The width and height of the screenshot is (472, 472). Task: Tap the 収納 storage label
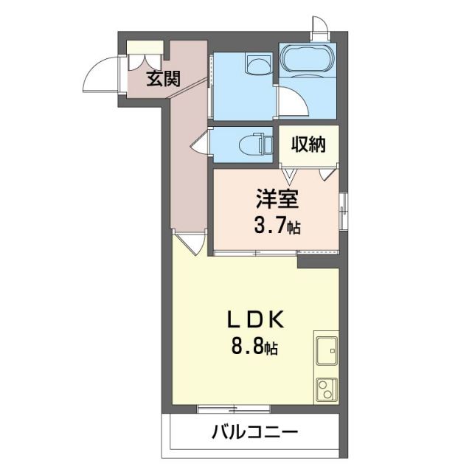308,145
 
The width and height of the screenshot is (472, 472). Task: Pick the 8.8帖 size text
255,347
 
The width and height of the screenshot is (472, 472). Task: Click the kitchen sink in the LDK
325,349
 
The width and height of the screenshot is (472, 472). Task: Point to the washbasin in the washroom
257,66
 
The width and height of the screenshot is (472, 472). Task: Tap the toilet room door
200,142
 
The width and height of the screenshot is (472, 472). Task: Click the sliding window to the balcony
229,408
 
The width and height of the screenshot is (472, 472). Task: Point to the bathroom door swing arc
291,101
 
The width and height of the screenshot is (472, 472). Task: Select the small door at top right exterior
319,28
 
